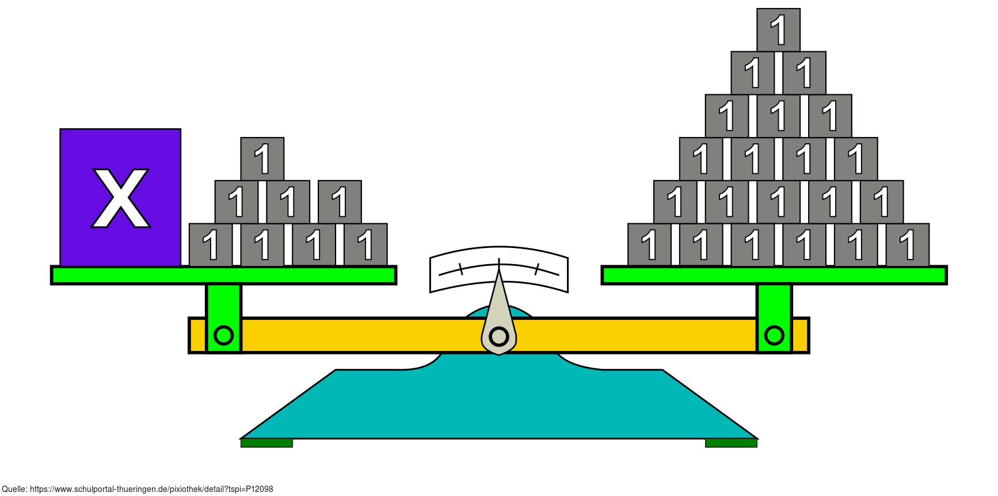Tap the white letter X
click(121, 199)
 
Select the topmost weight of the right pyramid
click(778, 30)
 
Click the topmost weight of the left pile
click(262, 159)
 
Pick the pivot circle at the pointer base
click(498, 336)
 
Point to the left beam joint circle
click(223, 335)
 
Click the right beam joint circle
click(774, 335)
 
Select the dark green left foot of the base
click(266, 443)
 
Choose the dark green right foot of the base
click(731, 443)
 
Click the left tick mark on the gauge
click(460, 269)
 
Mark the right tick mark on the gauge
click(536, 269)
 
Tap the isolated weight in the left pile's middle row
click(340, 202)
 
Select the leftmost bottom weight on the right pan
click(649, 245)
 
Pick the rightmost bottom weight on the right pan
click(907, 245)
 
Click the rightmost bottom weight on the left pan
click(365, 245)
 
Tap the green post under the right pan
click(774, 302)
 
